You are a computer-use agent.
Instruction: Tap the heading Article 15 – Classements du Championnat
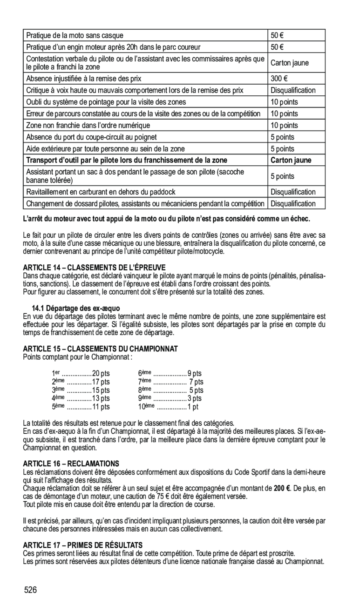[x=100, y=349]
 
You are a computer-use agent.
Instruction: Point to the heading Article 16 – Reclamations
[x=71, y=464]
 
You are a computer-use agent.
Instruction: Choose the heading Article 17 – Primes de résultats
[x=82, y=544]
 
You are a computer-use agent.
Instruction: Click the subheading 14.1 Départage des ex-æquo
[x=75, y=308]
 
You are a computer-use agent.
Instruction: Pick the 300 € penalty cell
[x=279, y=79]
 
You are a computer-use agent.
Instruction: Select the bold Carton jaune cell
[x=291, y=160]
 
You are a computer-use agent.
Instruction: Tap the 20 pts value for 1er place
[x=101, y=373]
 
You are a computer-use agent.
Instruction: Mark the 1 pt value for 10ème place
[x=193, y=407]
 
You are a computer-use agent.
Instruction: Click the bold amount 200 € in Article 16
[x=282, y=488]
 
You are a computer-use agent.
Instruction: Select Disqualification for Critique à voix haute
[x=293, y=90]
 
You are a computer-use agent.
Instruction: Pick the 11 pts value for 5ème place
[x=101, y=407]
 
